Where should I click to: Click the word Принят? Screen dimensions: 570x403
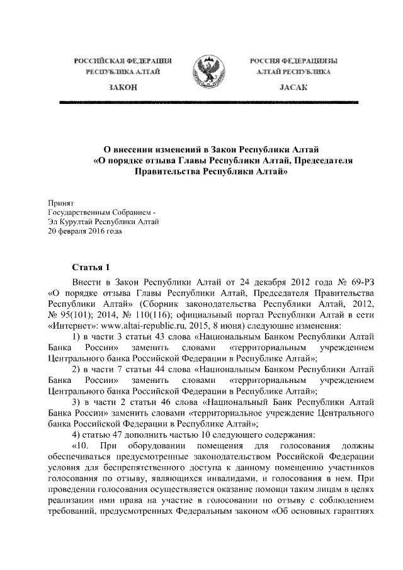pos(62,203)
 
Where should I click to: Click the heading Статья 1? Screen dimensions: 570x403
pos(92,267)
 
